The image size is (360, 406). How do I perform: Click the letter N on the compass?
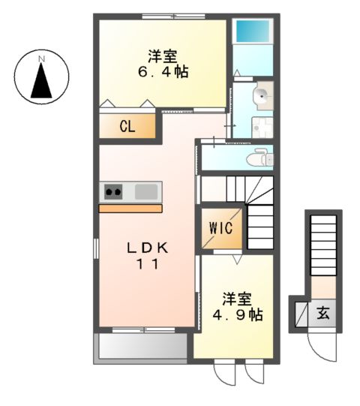tap(42, 58)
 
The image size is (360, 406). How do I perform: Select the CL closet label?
tap(127, 126)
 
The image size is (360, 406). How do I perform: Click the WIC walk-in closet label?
tap(220, 227)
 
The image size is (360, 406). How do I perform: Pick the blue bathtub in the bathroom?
tap(253, 32)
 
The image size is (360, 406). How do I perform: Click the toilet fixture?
tap(259, 158)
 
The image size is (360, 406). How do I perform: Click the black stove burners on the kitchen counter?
tap(114, 191)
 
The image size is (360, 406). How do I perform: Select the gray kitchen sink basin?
tap(147, 191)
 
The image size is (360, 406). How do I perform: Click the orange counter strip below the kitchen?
tap(130, 208)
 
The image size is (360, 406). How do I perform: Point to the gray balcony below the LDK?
tap(140, 346)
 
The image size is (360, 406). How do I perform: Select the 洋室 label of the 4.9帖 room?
tap(235, 298)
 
